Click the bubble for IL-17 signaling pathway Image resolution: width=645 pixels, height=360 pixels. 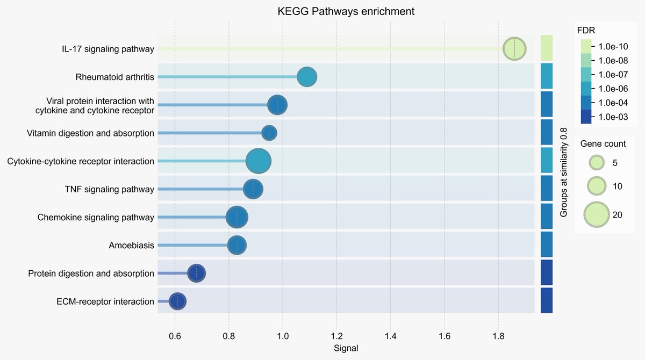pyautogui.click(x=514, y=49)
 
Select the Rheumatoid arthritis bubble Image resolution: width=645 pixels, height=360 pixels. pyautogui.click(x=307, y=77)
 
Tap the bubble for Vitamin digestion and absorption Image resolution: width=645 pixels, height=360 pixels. pyautogui.click(x=269, y=133)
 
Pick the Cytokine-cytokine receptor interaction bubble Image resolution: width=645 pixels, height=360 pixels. pyautogui.click(x=259, y=161)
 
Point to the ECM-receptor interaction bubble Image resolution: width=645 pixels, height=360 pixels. pyautogui.click(x=178, y=301)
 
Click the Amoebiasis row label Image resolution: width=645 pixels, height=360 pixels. pyautogui.click(x=131, y=246)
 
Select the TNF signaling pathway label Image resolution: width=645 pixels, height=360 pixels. pyautogui.click(x=109, y=189)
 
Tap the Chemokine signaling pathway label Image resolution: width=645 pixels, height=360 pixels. pyautogui.click(x=96, y=218)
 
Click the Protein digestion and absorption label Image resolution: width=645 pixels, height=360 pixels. pyautogui.click(x=91, y=273)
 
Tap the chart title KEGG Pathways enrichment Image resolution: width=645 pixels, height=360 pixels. pyautogui.click(x=346, y=11)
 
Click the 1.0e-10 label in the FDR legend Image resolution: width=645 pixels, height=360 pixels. pyautogui.click(x=613, y=46)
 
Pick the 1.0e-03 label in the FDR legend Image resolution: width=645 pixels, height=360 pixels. pyautogui.click(x=613, y=117)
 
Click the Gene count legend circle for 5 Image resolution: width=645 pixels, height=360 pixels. pyautogui.click(x=596, y=162)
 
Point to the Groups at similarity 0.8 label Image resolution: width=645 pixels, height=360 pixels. pyautogui.click(x=564, y=172)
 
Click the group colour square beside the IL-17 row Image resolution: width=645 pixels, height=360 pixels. pyautogui.click(x=547, y=49)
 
